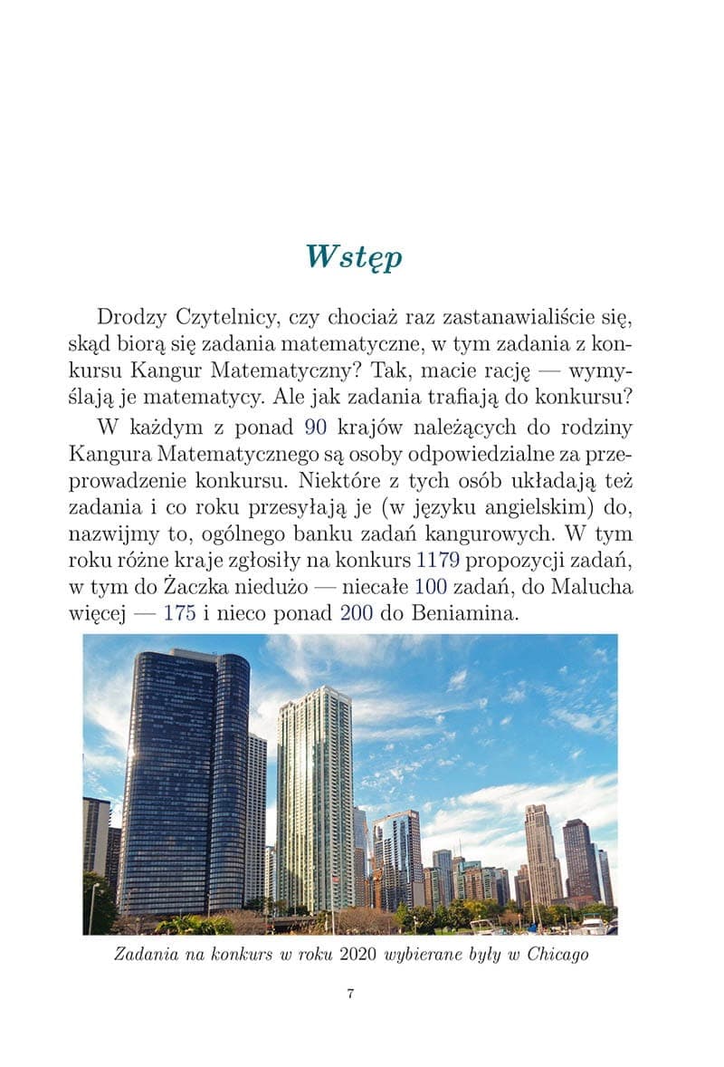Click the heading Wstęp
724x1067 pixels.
pyautogui.click(x=354, y=257)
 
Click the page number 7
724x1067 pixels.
pyautogui.click(x=350, y=994)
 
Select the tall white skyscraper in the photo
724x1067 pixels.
pyautogui.click(x=313, y=797)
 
